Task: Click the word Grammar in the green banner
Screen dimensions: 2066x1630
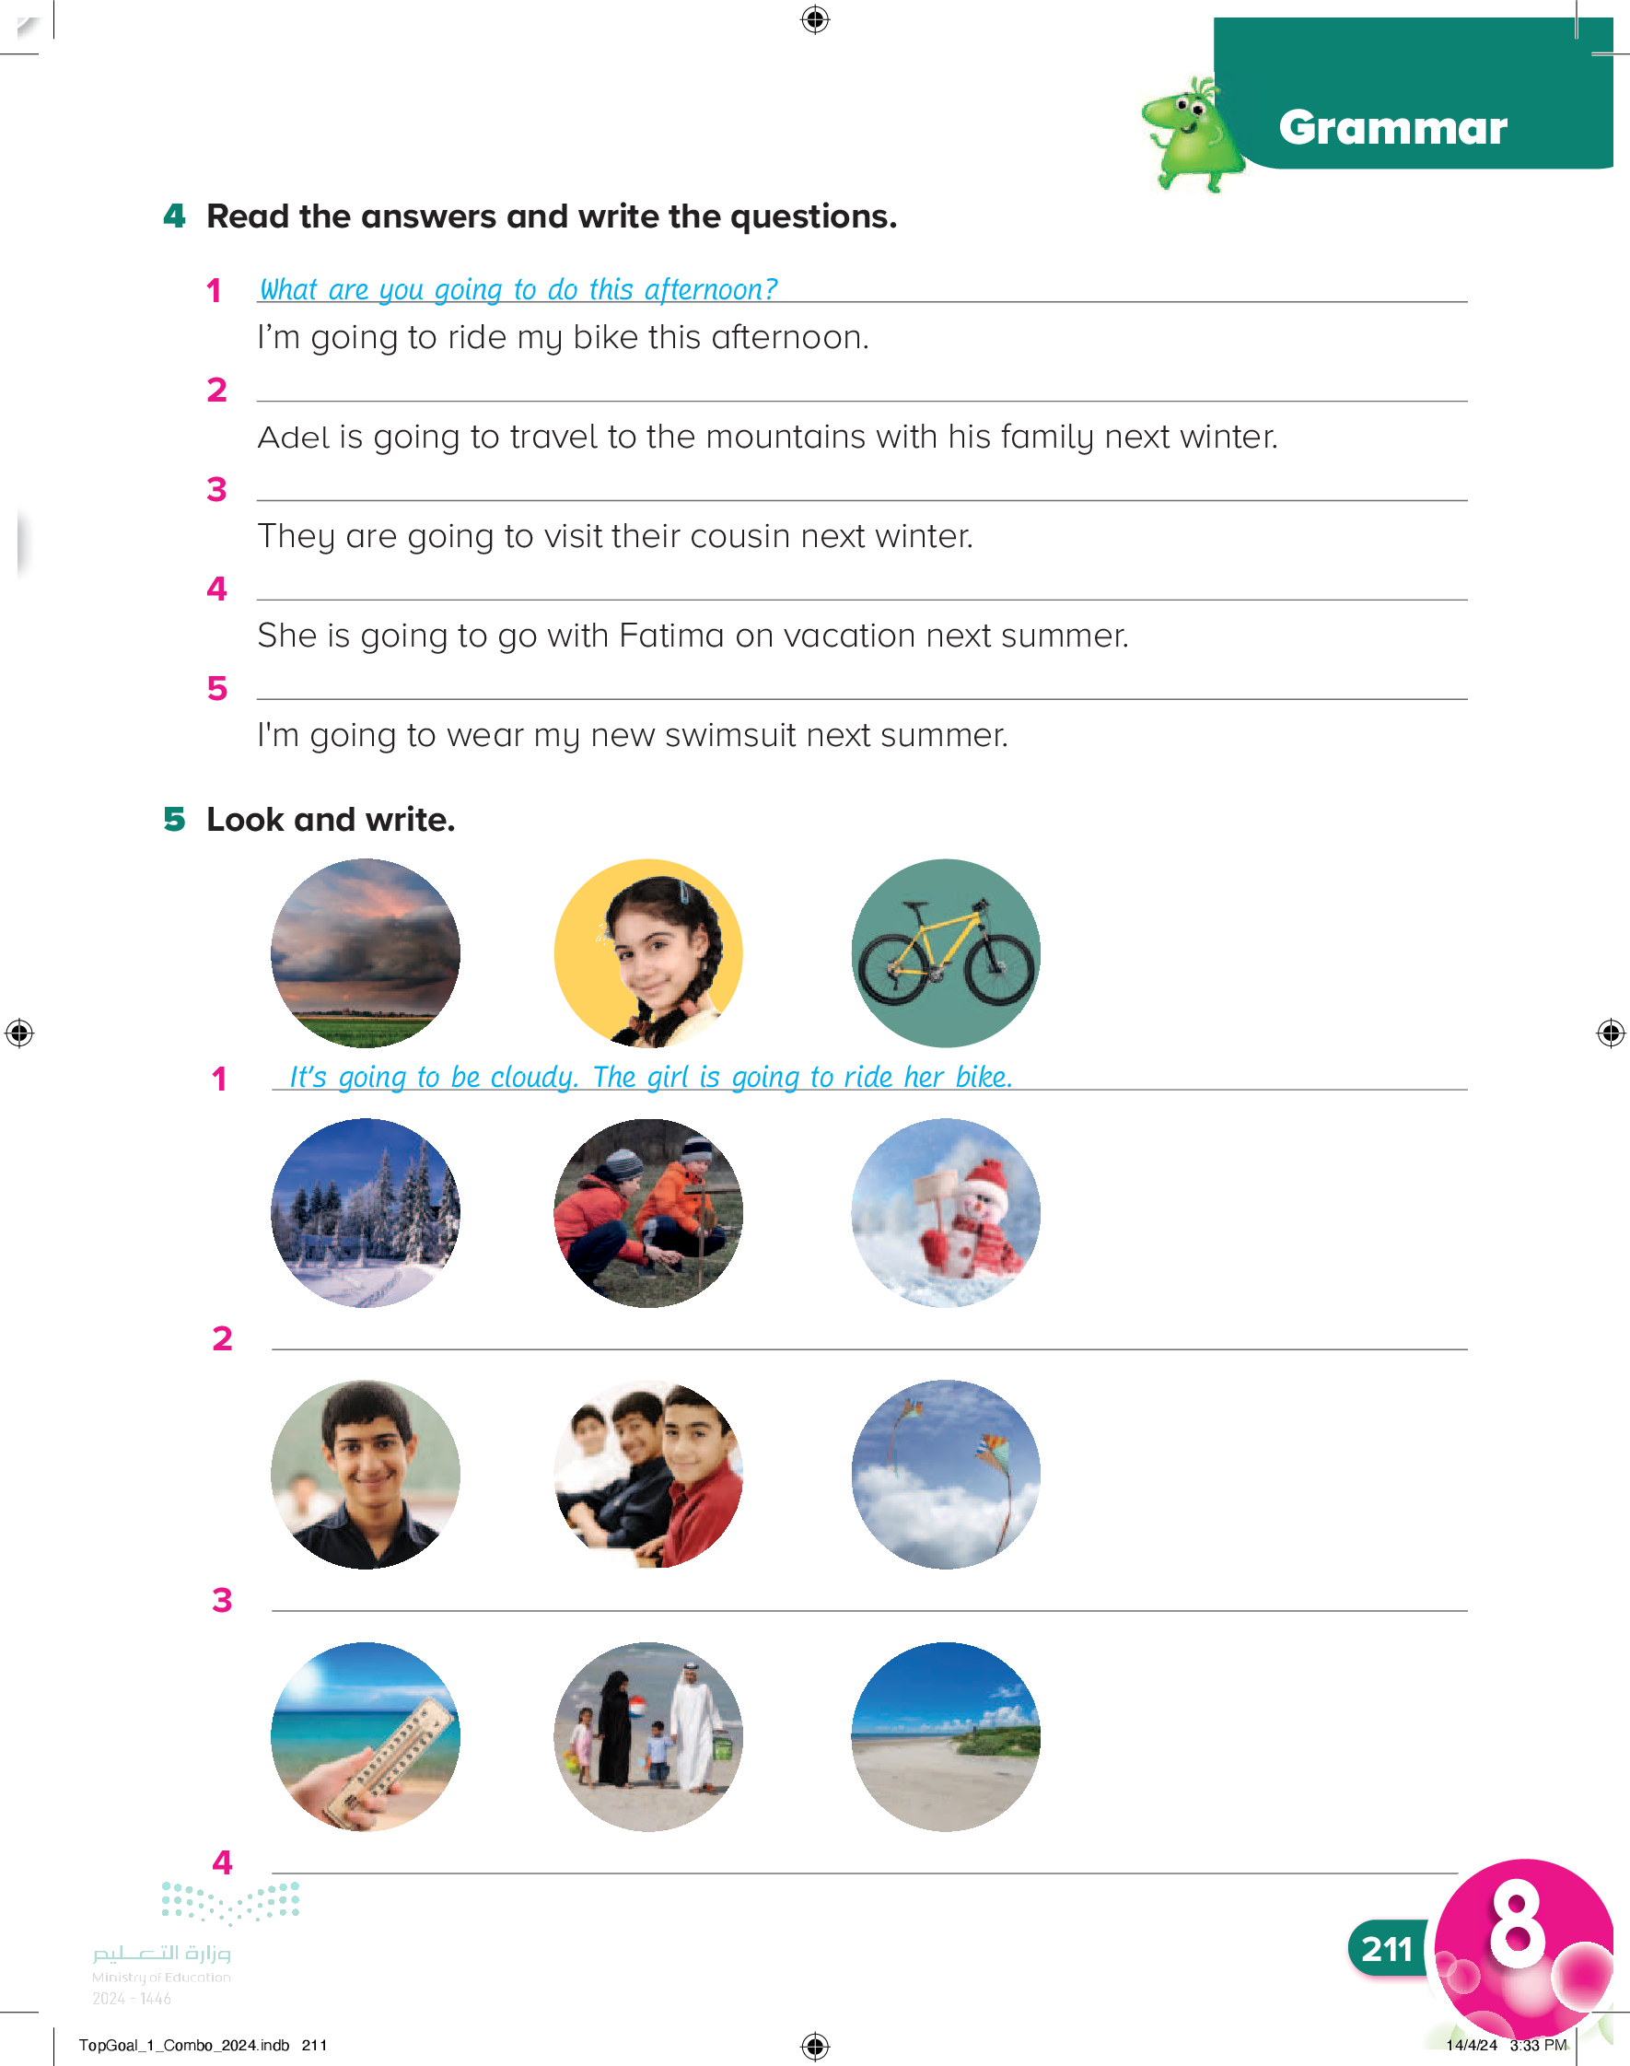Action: (1392, 128)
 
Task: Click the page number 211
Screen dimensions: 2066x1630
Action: (1387, 1949)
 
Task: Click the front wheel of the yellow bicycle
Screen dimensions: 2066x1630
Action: (999, 968)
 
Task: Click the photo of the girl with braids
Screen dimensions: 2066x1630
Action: (649, 952)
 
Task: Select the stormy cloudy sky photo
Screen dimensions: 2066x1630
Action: (366, 952)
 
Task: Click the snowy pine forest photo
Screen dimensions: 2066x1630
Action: (366, 1212)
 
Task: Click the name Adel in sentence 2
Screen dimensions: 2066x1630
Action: (294, 438)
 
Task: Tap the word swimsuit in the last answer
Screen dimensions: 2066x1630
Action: (716, 735)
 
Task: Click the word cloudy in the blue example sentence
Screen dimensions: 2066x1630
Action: (532, 1077)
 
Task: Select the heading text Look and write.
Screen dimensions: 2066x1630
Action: (331, 820)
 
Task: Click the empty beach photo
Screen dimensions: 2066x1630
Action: (945, 1736)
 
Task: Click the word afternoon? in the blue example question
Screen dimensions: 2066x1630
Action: (710, 289)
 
